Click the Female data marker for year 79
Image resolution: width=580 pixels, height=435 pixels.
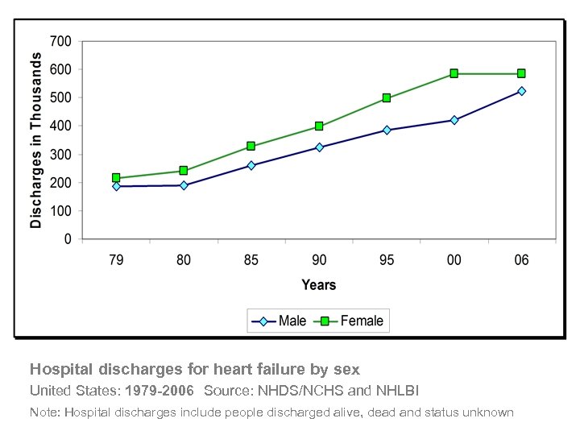coord(116,178)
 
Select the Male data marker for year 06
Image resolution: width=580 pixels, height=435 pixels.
coord(521,91)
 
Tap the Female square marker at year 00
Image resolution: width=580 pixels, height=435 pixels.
coord(454,73)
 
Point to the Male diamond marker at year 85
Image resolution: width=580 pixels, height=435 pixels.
coord(251,165)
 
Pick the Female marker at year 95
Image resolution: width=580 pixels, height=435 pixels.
coord(387,98)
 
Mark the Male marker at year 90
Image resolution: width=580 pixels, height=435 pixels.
coord(319,147)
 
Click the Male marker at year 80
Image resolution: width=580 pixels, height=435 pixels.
coord(184,185)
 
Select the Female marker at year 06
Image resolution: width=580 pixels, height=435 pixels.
coord(521,73)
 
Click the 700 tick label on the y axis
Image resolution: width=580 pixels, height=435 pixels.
coord(60,41)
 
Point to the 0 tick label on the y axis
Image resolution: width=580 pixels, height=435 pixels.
coord(68,239)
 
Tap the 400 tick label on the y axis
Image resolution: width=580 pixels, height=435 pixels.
coord(60,126)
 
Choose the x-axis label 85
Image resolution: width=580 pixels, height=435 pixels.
coord(251,260)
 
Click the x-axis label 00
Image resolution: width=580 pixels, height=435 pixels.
coord(454,260)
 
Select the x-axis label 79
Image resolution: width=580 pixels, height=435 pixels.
coord(116,260)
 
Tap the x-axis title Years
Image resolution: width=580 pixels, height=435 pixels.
coord(319,284)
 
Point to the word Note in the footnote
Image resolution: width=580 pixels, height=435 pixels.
coord(43,412)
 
